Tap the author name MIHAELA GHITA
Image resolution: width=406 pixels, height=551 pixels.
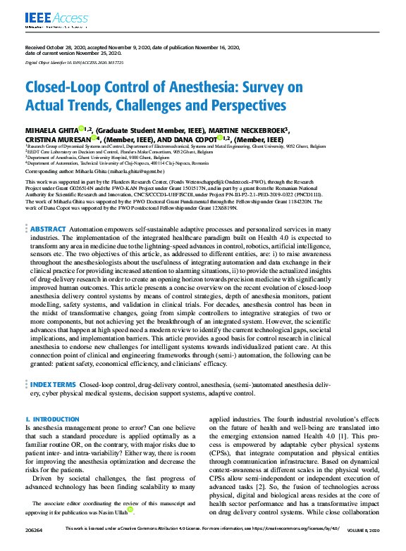51,130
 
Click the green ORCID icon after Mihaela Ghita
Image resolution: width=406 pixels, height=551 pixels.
81,129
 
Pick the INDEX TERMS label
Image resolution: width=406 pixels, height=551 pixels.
53,385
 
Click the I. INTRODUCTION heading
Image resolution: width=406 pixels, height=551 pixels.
52,419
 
